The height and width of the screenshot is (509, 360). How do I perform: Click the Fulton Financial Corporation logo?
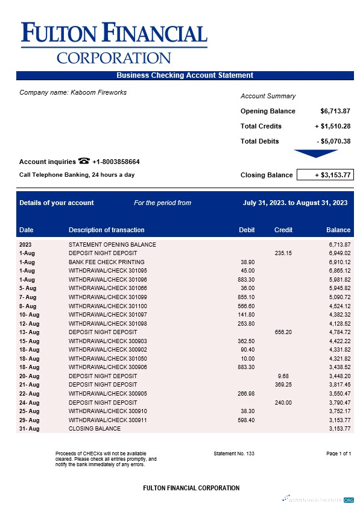coord(114,42)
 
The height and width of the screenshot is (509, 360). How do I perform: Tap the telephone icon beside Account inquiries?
coord(84,161)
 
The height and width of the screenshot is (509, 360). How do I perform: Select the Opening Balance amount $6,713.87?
coord(335,111)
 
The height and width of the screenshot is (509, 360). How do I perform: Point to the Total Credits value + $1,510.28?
coord(333,126)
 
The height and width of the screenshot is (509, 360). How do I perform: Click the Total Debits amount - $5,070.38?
coord(333,141)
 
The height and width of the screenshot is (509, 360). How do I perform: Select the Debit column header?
coord(247,230)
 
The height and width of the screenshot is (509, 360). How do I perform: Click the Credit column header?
coord(283,230)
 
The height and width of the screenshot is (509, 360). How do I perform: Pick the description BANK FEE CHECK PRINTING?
coord(106,262)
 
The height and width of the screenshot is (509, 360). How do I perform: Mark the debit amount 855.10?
coord(246,297)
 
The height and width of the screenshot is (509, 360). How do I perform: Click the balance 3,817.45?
coord(338,385)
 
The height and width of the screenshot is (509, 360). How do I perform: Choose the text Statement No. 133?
coord(234,453)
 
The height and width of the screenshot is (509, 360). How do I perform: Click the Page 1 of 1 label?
coord(338,453)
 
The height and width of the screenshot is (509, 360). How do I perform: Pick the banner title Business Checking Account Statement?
coord(185,75)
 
